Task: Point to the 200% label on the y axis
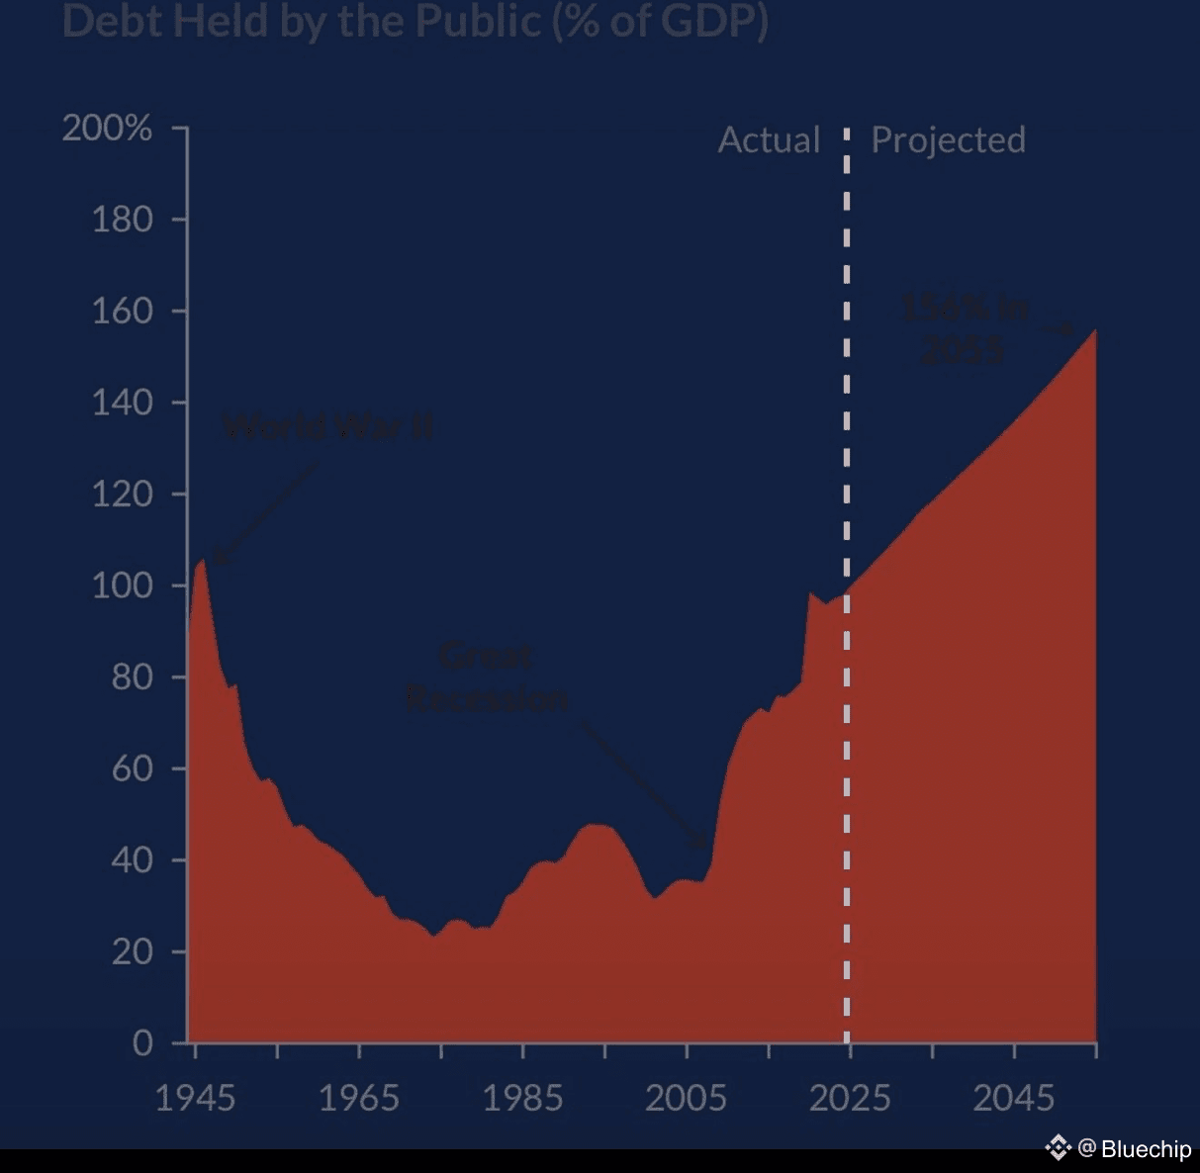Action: point(107,128)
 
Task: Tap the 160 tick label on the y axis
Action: point(122,311)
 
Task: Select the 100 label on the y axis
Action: point(122,586)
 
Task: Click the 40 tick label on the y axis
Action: point(132,859)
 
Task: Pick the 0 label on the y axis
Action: point(142,1042)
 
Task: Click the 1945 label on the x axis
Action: point(195,1098)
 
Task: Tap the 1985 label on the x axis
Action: point(522,1098)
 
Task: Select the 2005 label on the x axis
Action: point(686,1098)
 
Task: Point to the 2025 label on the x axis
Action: point(850,1098)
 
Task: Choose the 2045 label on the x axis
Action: point(1013,1098)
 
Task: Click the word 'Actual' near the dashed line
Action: point(769,140)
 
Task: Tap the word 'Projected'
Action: point(948,140)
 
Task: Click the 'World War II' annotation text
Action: point(327,427)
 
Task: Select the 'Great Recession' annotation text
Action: point(487,677)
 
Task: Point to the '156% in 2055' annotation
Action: point(964,328)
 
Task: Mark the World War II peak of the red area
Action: point(202,561)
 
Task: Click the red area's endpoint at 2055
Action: point(1094,330)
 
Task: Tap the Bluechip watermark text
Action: point(1145,1148)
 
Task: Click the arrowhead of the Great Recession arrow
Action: point(705,846)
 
